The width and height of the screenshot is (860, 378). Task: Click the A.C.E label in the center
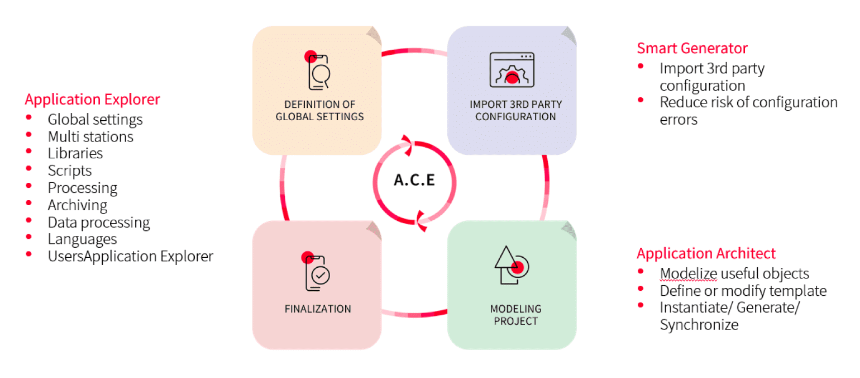click(414, 181)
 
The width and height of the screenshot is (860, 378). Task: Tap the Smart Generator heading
click(692, 48)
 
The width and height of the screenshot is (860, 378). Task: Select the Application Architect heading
click(706, 253)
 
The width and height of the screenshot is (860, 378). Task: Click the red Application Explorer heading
click(92, 100)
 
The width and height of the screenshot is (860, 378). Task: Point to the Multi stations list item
click(90, 136)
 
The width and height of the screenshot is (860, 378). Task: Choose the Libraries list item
click(75, 153)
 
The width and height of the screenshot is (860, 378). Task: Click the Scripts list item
click(70, 171)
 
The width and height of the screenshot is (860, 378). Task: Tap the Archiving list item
click(78, 205)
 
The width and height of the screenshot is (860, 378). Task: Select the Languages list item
click(82, 239)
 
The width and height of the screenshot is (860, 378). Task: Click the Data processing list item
click(99, 223)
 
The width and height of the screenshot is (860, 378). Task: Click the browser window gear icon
click(512, 70)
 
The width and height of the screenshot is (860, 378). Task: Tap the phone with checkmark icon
click(317, 272)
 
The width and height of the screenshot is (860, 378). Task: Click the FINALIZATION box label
click(318, 309)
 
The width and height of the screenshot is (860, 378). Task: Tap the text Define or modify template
click(743, 291)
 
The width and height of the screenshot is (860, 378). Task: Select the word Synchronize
click(699, 325)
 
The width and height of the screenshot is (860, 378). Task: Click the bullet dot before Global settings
click(28, 118)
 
